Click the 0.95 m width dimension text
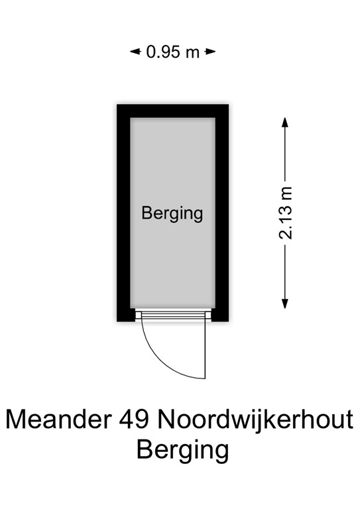tap(172, 52)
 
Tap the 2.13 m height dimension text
tap(285, 213)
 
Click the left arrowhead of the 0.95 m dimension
tap(135, 51)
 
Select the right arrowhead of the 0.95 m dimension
tap(211, 51)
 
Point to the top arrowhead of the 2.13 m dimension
tap(285, 123)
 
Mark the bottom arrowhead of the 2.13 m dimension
tap(285, 303)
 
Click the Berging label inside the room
tap(172, 214)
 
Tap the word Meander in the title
tap(58, 420)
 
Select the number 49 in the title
tap(134, 420)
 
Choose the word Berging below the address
tap(183, 451)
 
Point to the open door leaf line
tap(205, 349)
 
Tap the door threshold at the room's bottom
tap(173, 314)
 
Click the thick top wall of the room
tap(172, 111)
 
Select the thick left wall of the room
tap(124, 213)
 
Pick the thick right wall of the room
tap(222, 213)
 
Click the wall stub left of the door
tap(126, 315)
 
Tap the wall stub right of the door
tap(220, 315)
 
